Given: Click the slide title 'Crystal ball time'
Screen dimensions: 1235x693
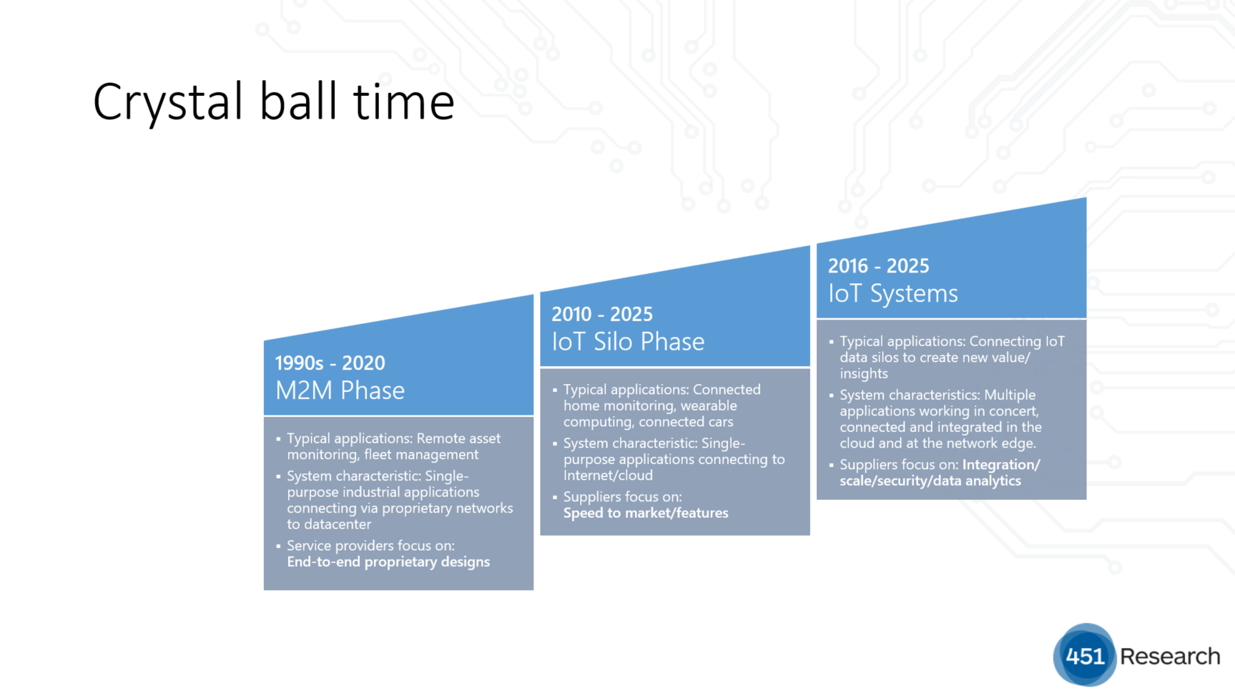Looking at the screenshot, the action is click(274, 102).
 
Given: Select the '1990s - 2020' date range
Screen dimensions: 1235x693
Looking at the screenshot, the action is click(330, 363).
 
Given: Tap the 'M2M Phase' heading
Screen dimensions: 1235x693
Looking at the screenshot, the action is click(340, 390).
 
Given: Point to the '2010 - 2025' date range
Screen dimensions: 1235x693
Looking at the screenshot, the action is click(601, 314).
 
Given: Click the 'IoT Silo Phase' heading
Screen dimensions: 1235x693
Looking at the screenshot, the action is click(628, 342).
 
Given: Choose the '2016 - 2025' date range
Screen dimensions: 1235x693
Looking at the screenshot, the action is click(878, 266).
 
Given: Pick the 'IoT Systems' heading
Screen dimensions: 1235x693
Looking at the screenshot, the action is click(892, 294).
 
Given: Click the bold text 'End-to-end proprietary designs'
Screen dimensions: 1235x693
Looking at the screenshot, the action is click(388, 562).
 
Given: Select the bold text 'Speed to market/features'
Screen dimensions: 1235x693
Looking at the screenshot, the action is click(646, 513).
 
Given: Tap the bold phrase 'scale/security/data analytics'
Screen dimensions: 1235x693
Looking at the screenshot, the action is click(930, 481).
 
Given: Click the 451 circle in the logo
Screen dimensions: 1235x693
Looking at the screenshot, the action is click(1085, 655).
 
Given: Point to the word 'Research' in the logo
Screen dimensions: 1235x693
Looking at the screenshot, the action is click(1170, 657).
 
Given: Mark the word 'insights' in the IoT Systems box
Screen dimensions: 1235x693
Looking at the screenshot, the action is click(864, 374).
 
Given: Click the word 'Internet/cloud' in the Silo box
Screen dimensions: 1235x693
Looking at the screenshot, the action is click(608, 476).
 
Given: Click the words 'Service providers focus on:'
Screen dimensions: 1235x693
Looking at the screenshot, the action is click(370, 546).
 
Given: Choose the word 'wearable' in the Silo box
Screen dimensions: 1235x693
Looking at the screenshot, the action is click(709, 406).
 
